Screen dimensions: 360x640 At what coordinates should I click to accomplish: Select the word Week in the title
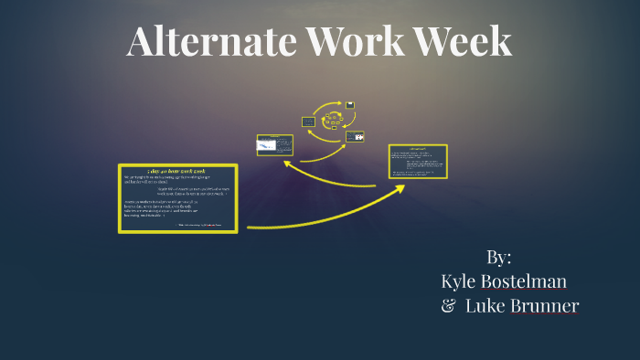click(466, 42)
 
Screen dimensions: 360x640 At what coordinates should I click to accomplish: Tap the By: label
click(499, 257)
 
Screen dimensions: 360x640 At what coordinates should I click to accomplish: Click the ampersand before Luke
click(448, 306)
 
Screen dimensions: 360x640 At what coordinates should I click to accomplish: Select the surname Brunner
click(545, 306)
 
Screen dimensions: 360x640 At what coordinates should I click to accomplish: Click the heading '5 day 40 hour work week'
click(178, 171)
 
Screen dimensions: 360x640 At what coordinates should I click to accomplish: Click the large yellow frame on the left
click(178, 198)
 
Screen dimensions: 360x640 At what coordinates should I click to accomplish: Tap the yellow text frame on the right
click(418, 162)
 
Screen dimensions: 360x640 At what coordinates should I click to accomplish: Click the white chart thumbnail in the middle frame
click(267, 145)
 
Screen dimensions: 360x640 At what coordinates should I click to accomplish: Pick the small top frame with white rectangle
click(349, 105)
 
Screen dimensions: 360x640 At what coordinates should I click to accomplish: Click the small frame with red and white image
click(355, 137)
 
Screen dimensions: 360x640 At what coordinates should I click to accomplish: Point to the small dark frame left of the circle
click(309, 122)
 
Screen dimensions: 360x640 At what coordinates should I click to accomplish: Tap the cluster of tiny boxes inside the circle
click(331, 120)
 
